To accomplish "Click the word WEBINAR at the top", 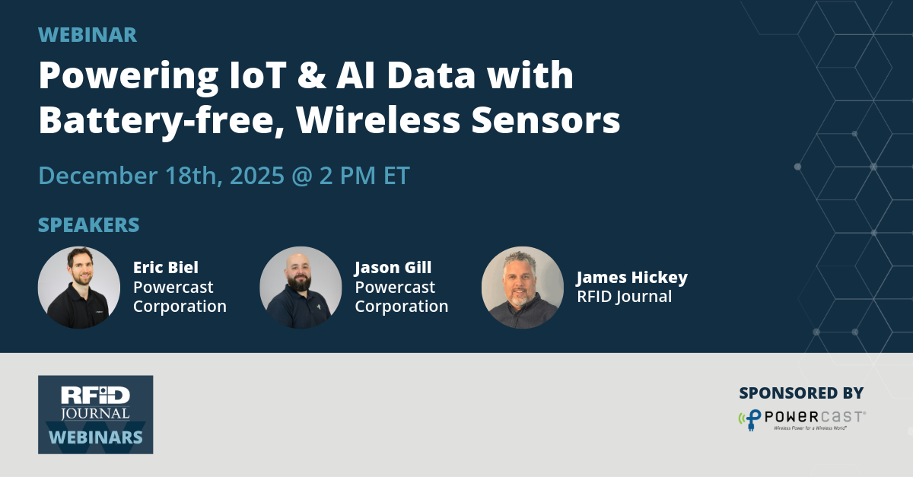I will click(87, 35).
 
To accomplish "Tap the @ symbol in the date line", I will click(307, 175).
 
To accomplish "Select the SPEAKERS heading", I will click(89, 225).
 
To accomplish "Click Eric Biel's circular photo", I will click(79, 288).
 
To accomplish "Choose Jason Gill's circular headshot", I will click(301, 288).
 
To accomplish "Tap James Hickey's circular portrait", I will click(523, 288).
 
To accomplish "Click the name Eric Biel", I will click(166, 268).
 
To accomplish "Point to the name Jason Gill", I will click(393, 268).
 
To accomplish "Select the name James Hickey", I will click(631, 278).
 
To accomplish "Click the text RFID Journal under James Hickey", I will click(624, 297).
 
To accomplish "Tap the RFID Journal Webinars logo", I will click(96, 415).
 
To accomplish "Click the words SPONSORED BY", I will click(801, 393).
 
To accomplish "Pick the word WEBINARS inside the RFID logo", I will click(96, 437).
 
